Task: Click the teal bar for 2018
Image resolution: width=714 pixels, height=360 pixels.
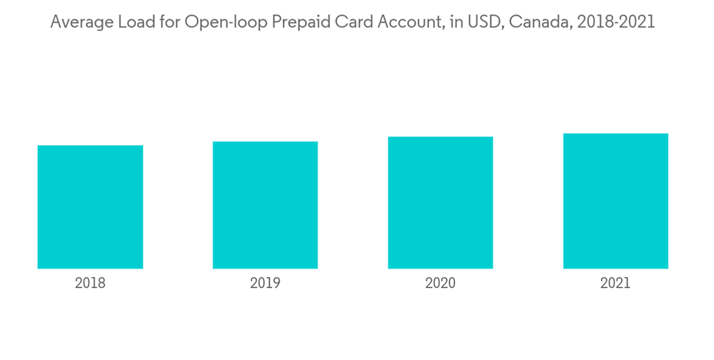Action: click(x=90, y=207)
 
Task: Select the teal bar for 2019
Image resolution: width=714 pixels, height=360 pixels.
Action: click(x=265, y=205)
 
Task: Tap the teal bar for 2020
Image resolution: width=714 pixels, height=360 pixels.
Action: click(x=441, y=203)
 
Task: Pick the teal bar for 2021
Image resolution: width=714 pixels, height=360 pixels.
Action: click(x=615, y=201)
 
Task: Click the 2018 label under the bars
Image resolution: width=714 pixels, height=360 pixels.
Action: click(x=90, y=284)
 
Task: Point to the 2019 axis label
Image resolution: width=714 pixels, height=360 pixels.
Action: click(x=265, y=284)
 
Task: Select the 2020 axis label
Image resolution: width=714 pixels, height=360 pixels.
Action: click(x=441, y=284)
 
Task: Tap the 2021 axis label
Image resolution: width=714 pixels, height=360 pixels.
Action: click(x=615, y=284)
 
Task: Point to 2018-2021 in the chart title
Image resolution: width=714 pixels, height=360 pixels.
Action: click(x=616, y=23)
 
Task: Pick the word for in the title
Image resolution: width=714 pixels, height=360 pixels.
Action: click(x=167, y=23)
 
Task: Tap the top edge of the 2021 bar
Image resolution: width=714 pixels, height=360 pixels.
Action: click(x=615, y=134)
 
